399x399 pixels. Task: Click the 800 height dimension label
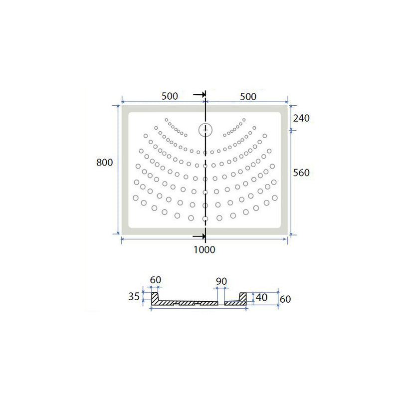(x=104, y=163)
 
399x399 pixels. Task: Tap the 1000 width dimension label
(x=204, y=250)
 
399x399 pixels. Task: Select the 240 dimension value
(x=301, y=118)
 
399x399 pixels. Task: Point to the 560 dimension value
(x=301, y=173)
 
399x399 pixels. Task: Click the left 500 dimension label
(x=170, y=96)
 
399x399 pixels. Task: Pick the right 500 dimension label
(x=248, y=96)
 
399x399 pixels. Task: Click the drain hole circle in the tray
(x=205, y=130)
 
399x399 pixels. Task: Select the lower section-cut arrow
(x=199, y=236)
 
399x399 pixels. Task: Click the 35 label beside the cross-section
(x=134, y=296)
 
